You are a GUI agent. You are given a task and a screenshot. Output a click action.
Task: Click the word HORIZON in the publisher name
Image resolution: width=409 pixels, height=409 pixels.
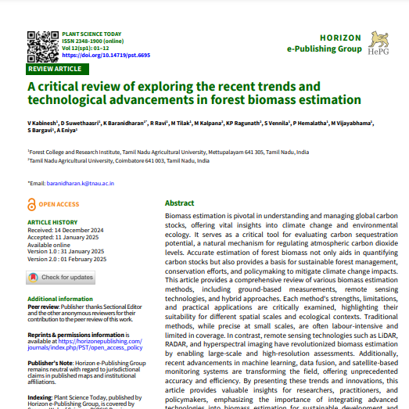point(340,38)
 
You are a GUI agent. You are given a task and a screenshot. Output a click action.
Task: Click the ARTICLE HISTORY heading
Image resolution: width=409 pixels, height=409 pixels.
point(52,223)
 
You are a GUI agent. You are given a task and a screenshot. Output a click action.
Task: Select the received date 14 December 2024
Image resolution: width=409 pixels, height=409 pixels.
point(83,230)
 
